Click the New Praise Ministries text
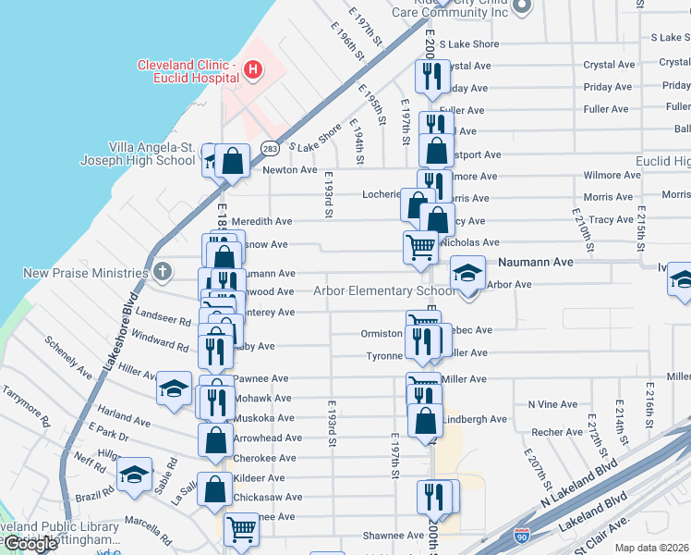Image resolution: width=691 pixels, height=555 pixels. click(x=86, y=273)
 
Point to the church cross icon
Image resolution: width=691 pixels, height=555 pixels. click(x=163, y=272)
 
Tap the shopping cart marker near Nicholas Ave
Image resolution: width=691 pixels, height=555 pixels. click(x=420, y=247)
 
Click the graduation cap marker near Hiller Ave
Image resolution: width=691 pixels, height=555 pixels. click(x=173, y=388)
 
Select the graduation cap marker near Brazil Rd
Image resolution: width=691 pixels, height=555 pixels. click(x=135, y=475)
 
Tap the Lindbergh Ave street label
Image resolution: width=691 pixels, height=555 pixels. click(x=475, y=419)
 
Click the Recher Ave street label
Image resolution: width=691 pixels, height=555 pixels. click(x=556, y=432)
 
